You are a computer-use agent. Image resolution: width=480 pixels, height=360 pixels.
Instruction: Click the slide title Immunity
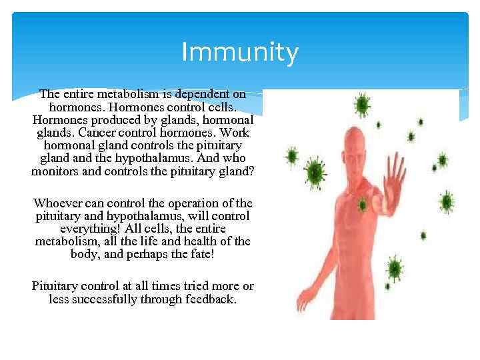point(239,53)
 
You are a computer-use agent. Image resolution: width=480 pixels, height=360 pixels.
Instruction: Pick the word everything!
point(93,229)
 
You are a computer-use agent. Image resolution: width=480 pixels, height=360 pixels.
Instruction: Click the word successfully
point(102,299)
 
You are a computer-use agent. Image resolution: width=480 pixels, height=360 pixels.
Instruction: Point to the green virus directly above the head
point(362,104)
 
